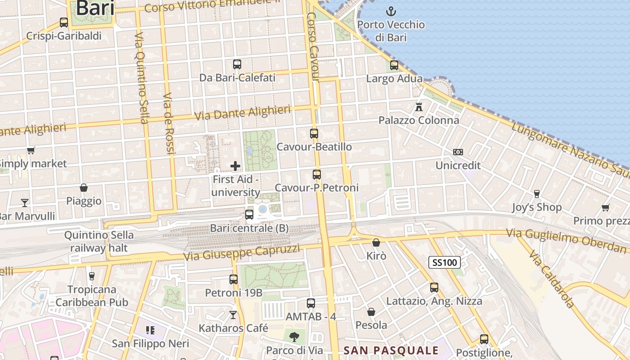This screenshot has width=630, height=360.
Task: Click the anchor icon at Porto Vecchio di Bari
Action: coord(391,11)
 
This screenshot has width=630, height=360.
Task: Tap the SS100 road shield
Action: coord(444,262)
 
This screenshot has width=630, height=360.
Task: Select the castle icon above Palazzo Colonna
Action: coord(419,107)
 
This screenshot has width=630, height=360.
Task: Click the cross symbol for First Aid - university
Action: coord(235,166)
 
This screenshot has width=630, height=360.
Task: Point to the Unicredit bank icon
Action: coord(458,152)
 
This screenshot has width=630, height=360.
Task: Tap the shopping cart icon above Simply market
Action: coord(31,150)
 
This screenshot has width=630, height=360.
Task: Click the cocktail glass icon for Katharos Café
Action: coord(233,315)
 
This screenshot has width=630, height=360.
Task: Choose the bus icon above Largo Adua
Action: coord(394,65)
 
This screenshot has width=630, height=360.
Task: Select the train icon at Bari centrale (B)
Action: coord(249,215)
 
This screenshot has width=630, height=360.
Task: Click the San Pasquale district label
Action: coord(391,351)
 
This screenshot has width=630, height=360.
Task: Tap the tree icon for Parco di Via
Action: coord(294,336)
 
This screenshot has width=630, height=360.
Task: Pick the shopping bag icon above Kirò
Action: coord(376,243)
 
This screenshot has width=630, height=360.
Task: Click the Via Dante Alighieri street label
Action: coord(243,112)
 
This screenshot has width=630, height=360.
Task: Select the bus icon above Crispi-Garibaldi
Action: coord(64,22)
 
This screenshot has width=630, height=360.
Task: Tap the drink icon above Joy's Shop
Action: coord(536,194)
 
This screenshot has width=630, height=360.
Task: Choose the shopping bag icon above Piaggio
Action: coord(84,187)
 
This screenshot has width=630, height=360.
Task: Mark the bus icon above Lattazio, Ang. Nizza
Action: coord(434,287)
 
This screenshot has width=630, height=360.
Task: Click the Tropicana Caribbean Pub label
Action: coord(92,296)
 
